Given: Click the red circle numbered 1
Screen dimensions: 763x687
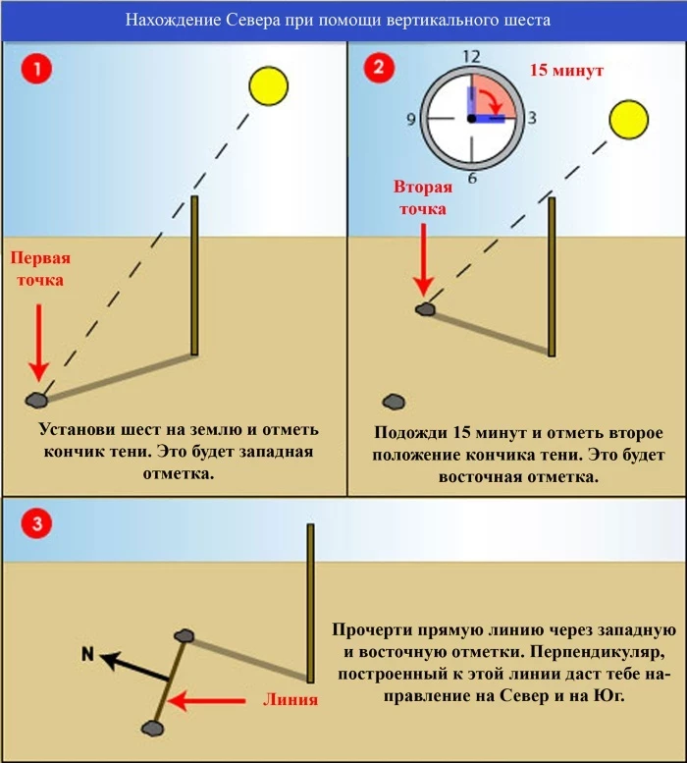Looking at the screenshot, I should (36, 71).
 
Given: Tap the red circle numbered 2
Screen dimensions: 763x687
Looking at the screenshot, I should (379, 69).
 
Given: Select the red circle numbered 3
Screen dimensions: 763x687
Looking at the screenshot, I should (36, 523).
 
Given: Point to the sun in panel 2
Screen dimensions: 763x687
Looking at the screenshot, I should (629, 120).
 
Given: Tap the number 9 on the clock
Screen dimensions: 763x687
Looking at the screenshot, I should (411, 119).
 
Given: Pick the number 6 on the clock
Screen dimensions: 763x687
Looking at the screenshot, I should (472, 178).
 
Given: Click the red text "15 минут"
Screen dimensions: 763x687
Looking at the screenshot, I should (566, 71).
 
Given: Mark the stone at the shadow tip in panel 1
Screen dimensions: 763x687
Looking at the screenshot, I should (37, 400).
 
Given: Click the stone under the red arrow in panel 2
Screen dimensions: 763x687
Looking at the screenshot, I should (425, 309).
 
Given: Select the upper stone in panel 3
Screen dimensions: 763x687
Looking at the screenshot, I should (185, 636).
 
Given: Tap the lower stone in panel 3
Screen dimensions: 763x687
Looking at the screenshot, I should (152, 728).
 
